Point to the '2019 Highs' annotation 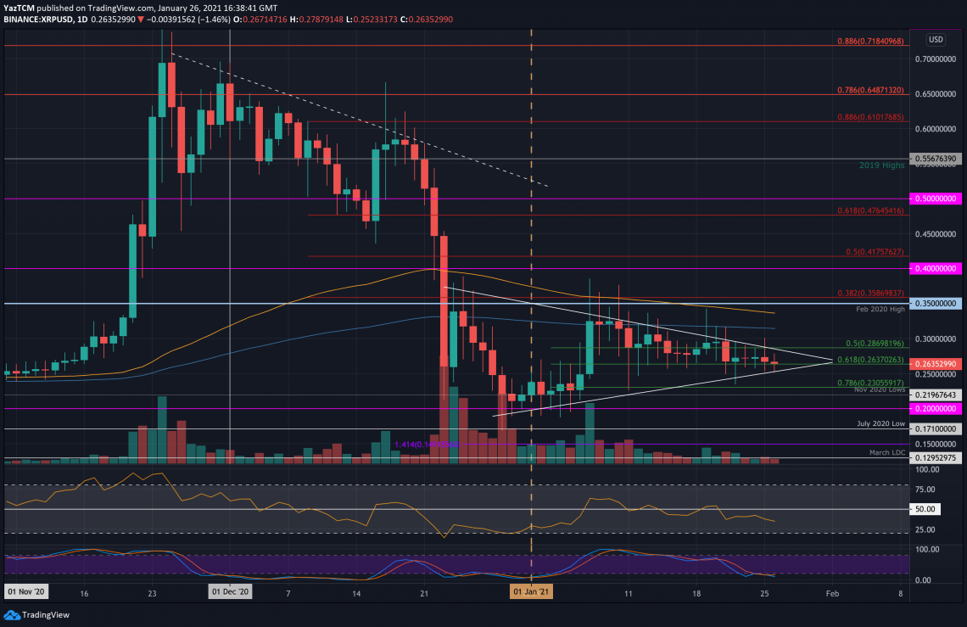[x=882, y=165]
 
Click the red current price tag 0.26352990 [x=936, y=364]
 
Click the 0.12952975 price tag [x=936, y=458]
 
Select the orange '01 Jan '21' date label [x=531, y=594]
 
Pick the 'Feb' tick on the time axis [x=832, y=594]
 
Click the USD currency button [x=936, y=39]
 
